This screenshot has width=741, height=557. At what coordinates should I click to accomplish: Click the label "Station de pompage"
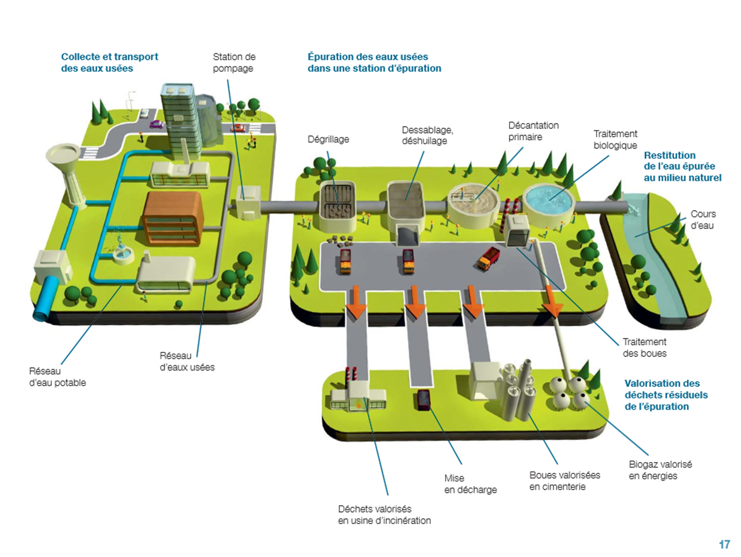(234, 63)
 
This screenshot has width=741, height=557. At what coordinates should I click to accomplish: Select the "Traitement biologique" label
(616, 140)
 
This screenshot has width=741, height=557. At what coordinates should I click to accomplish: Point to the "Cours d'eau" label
(703, 219)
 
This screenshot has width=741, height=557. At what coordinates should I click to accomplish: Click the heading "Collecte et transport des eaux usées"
(110, 62)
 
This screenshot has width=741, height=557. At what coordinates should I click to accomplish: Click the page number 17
(724, 544)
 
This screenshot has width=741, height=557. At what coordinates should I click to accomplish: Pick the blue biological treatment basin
(550, 199)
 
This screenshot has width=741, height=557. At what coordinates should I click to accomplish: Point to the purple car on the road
(156, 125)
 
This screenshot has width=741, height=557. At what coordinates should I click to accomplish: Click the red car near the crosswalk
(238, 127)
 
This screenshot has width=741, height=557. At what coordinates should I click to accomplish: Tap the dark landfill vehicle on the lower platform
(423, 399)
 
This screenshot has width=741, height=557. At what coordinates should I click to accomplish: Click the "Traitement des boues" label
(644, 347)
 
